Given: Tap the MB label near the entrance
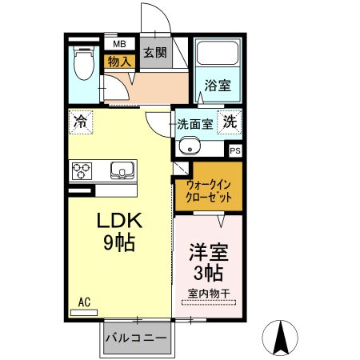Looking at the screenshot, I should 118,44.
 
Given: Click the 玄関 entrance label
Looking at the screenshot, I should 155,54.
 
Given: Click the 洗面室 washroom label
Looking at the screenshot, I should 194,125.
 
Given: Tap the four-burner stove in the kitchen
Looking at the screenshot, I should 83,170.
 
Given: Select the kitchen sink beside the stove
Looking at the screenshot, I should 122,170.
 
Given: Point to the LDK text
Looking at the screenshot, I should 120,221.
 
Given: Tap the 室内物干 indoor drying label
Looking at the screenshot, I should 209,293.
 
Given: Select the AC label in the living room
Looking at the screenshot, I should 85,302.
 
